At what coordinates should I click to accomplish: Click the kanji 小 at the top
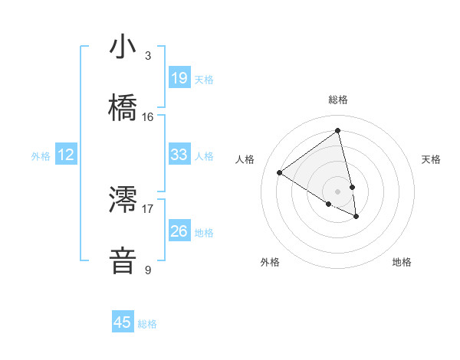click(x=123, y=47)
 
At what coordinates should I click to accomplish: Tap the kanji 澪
click(x=123, y=199)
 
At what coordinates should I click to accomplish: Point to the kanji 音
click(x=123, y=260)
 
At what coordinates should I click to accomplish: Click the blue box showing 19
click(x=179, y=78)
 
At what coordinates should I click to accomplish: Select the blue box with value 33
click(x=179, y=155)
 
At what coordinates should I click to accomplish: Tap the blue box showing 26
click(x=179, y=231)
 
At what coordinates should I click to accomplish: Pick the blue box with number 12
click(x=66, y=155)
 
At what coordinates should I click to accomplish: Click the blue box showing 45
click(x=123, y=322)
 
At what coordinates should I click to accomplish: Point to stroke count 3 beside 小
click(x=148, y=55)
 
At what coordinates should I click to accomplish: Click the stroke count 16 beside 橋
click(x=148, y=116)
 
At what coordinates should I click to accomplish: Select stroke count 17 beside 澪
click(x=148, y=208)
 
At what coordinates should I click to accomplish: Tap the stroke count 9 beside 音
click(x=148, y=269)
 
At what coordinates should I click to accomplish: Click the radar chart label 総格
click(x=338, y=100)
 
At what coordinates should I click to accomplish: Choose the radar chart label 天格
click(x=431, y=159)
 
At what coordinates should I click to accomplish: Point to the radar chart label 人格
click(x=245, y=159)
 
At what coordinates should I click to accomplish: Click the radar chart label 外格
click(x=270, y=262)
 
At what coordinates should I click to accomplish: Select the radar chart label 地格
click(x=402, y=262)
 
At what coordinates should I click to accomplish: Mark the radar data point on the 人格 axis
click(x=279, y=172)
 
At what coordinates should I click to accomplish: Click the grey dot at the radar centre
click(x=337, y=191)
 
